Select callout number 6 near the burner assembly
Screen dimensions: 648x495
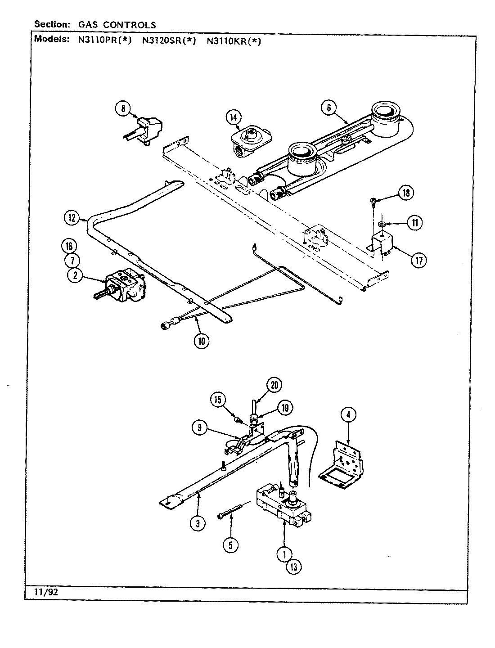(329, 108)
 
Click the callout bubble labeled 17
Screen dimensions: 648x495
(419, 260)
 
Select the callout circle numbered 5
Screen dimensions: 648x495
(230, 544)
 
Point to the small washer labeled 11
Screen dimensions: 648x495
(381, 223)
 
